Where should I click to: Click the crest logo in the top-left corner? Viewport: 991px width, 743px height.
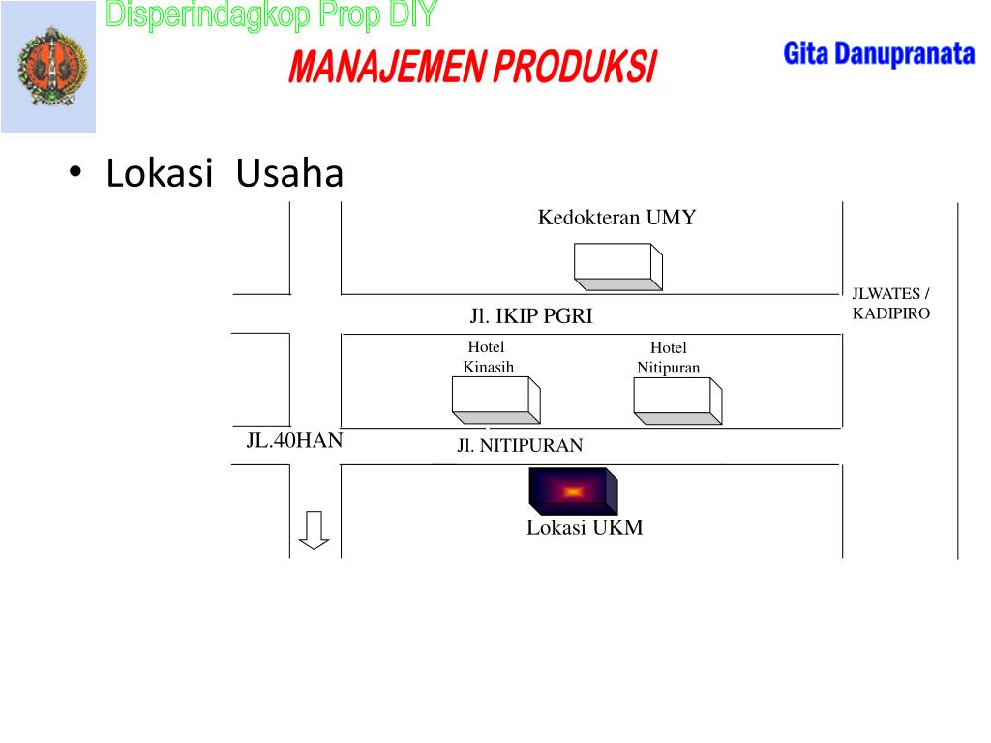pos(48,67)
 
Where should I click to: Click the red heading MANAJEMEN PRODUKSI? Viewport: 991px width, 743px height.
pos(471,69)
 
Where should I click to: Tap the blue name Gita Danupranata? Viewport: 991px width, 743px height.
pos(878,54)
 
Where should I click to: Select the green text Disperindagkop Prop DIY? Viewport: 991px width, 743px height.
pos(271,15)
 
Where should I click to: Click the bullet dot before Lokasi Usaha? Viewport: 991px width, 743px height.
pos(75,174)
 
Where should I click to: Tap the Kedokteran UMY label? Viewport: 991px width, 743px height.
pos(616,218)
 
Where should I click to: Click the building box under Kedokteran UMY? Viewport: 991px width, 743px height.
pos(618,266)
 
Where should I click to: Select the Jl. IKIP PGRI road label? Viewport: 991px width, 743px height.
pos(531,316)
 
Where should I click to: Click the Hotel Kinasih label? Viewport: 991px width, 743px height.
pos(488,357)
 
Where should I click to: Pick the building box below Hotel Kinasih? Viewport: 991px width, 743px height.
pos(495,400)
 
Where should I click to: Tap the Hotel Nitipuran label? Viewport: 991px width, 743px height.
pos(668,358)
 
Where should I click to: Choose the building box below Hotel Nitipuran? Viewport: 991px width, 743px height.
pos(677,401)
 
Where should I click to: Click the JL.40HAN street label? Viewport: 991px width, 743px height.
pos(294,441)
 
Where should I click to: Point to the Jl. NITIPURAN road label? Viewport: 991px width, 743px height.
pos(520,446)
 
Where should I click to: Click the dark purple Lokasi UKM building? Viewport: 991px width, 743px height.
pos(573,490)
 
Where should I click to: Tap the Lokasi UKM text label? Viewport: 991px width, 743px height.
pos(585,528)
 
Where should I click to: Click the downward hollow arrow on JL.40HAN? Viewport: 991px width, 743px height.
pos(314,529)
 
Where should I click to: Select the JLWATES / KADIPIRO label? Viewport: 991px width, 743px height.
pos(890,304)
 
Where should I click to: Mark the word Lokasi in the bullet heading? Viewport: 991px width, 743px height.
pos(159,174)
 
